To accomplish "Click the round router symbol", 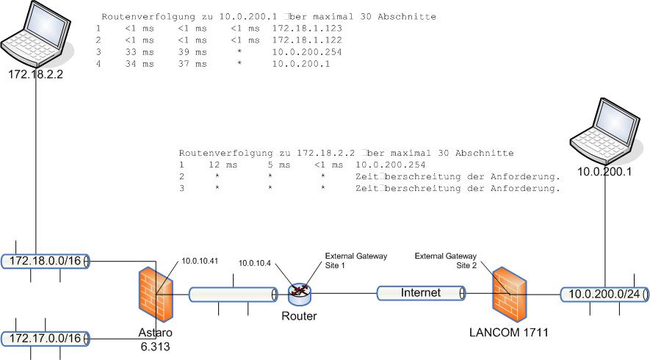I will [x=299, y=294].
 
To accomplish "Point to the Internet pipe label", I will [x=421, y=293].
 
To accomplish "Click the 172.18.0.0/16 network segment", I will [x=46, y=260].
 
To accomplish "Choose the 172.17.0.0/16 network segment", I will [x=46, y=338].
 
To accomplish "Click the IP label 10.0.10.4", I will [x=256, y=262].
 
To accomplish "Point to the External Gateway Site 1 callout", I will [x=355, y=260].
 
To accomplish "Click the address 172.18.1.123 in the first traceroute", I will [x=307, y=28].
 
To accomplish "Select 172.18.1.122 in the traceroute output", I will [x=307, y=40].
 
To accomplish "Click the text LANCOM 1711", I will [x=508, y=332].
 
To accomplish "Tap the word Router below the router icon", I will [x=299, y=317].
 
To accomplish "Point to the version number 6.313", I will [x=155, y=347].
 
